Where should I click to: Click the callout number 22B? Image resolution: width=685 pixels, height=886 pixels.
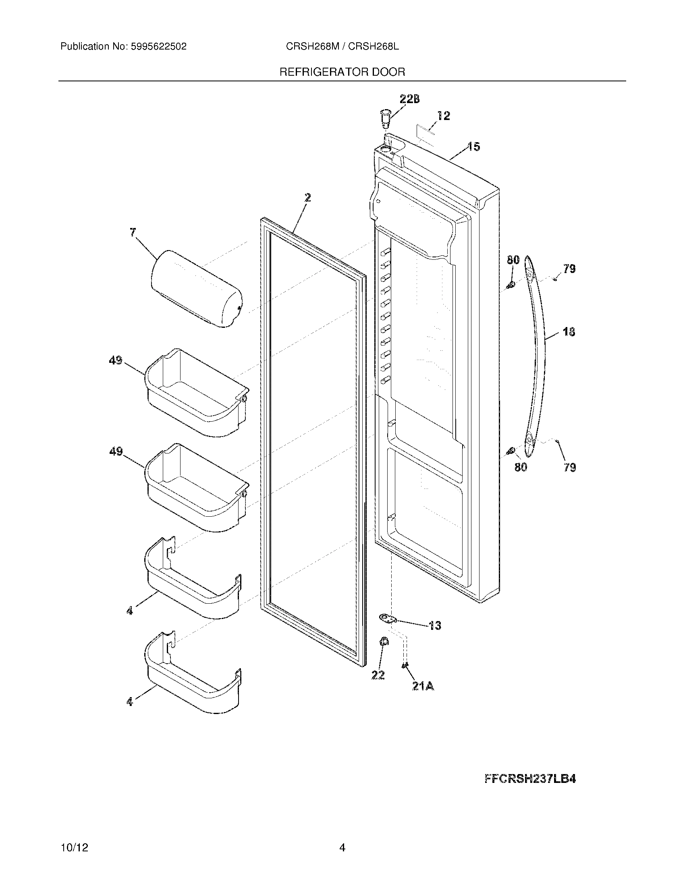click(x=409, y=99)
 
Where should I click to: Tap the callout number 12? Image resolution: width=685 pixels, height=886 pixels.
click(x=444, y=116)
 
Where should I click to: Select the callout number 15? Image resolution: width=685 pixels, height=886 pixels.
click(x=473, y=147)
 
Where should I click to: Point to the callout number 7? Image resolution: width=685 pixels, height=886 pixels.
click(x=133, y=232)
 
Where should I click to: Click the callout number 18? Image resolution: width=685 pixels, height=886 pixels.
click(x=569, y=332)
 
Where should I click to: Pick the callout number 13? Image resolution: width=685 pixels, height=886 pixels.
click(x=435, y=626)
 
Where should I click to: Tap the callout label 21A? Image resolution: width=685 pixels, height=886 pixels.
click(x=423, y=686)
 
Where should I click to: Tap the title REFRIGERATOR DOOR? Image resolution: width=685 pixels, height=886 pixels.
click(x=342, y=72)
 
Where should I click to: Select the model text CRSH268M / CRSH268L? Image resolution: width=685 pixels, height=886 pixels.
click(x=342, y=47)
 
